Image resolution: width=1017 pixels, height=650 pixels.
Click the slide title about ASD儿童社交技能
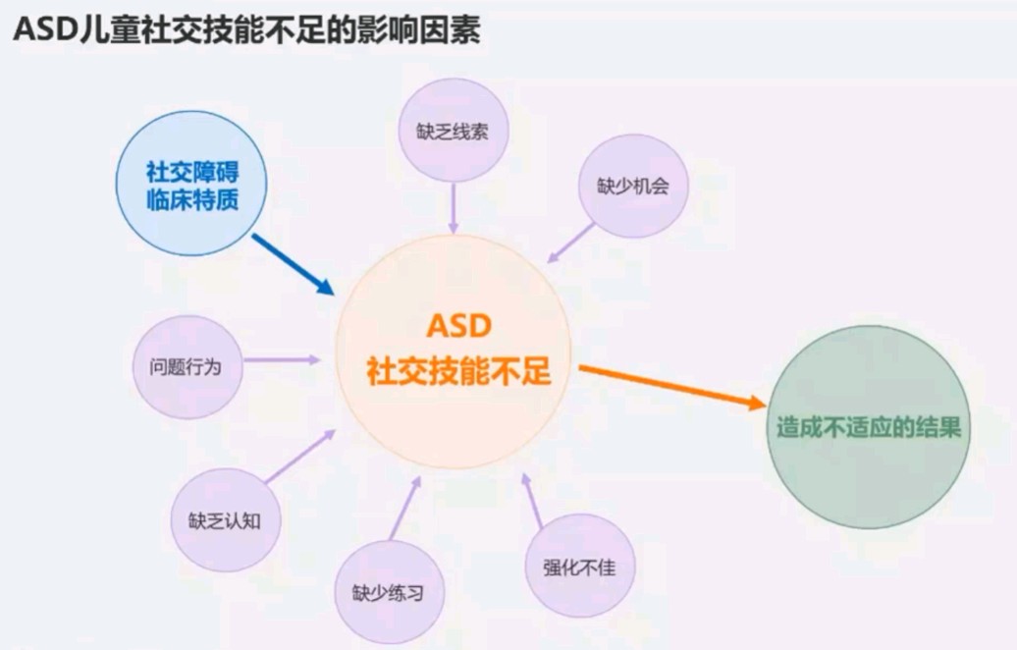246,29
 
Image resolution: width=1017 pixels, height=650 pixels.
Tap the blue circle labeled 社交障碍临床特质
191,183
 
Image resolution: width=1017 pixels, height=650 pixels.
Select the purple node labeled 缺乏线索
453,131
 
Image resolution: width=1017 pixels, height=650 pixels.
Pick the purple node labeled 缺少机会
633,187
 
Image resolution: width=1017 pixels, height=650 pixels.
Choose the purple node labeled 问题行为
187,367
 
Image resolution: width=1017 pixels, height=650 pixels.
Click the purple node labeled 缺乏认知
225,520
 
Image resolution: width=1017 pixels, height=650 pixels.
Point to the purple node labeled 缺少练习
389,592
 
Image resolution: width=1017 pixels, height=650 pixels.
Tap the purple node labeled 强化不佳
580,567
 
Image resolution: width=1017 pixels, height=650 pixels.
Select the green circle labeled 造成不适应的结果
869,427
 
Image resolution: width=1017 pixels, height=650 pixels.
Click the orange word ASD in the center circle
458,326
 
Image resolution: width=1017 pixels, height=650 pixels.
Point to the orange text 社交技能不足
458,371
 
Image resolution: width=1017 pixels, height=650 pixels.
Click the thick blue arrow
294,265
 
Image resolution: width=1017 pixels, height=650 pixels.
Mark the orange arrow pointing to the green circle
672,387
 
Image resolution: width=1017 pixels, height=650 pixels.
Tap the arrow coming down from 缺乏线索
454,208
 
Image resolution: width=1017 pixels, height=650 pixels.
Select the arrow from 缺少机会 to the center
570,243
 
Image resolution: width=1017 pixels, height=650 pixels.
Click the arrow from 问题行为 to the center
282,359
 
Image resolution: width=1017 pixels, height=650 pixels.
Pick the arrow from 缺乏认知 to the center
299,457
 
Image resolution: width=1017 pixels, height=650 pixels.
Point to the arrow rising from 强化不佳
532,500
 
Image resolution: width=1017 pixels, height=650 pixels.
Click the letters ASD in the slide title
45,29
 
